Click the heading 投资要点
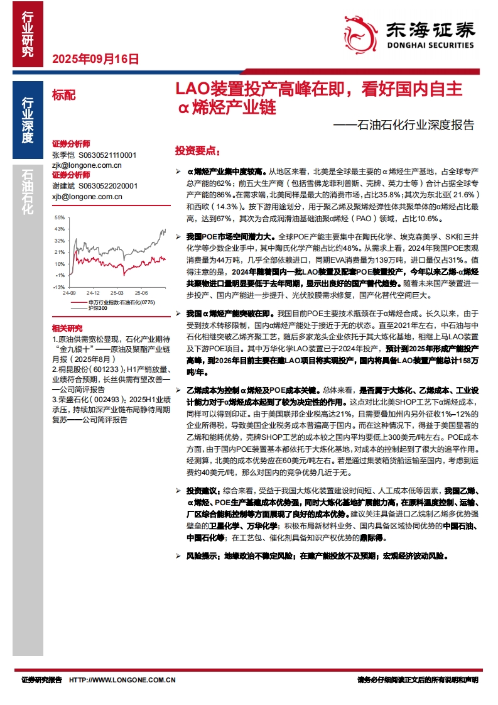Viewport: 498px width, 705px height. [197, 151]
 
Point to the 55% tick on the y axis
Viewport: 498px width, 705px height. [60, 219]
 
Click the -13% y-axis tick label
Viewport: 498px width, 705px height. [60, 287]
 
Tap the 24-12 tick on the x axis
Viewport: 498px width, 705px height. [94, 293]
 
